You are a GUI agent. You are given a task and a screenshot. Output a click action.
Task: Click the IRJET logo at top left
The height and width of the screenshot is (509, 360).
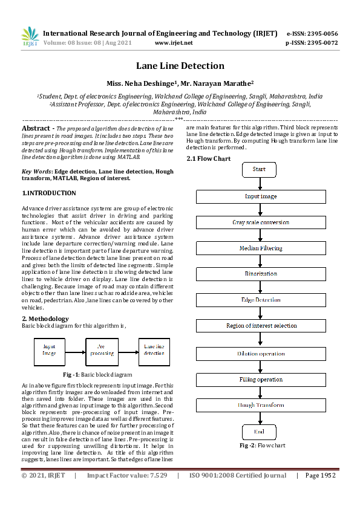click(x=30, y=37)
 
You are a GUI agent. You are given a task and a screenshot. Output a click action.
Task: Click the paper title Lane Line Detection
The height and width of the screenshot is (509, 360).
click(x=180, y=66)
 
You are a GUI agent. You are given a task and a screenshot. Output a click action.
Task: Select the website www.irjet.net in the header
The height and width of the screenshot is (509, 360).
click(x=174, y=43)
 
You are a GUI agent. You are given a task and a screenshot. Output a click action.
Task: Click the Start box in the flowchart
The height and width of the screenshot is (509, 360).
click(x=259, y=170)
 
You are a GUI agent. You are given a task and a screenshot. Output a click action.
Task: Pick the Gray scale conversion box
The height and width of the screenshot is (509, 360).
click(x=260, y=222)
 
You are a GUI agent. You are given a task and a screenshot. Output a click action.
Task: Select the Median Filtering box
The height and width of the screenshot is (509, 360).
click(x=260, y=248)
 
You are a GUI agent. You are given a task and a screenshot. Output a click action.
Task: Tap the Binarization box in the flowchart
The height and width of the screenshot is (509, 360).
click(x=260, y=274)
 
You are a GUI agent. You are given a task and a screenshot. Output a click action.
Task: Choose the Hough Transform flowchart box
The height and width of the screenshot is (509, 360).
click(x=260, y=405)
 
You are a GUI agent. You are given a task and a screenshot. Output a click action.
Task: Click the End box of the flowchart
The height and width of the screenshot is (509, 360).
click(x=259, y=432)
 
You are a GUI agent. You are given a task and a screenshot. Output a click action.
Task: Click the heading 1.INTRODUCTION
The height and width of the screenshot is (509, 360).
click(x=49, y=193)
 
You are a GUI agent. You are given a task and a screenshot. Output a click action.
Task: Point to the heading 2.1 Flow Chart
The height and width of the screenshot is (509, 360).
click(x=209, y=158)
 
